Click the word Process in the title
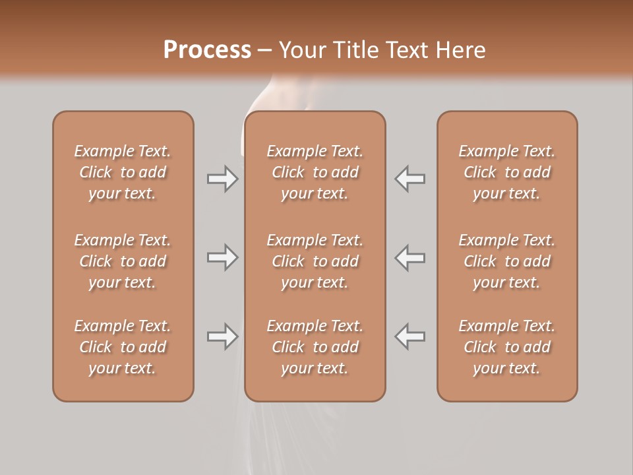coord(207,50)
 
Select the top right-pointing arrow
coord(222,179)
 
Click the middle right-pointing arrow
coord(222,257)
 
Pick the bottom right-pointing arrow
coord(222,336)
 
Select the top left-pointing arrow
coord(410,179)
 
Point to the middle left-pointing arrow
coord(410,257)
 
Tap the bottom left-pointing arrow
coord(410,336)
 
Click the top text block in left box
coord(123,172)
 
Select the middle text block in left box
coord(123,261)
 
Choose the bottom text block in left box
coord(123,347)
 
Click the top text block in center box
coord(315,172)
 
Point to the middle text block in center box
coord(315,261)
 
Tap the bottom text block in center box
coord(315,347)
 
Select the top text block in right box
coord(506,172)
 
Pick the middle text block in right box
coord(506,261)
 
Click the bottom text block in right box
coord(506,347)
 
